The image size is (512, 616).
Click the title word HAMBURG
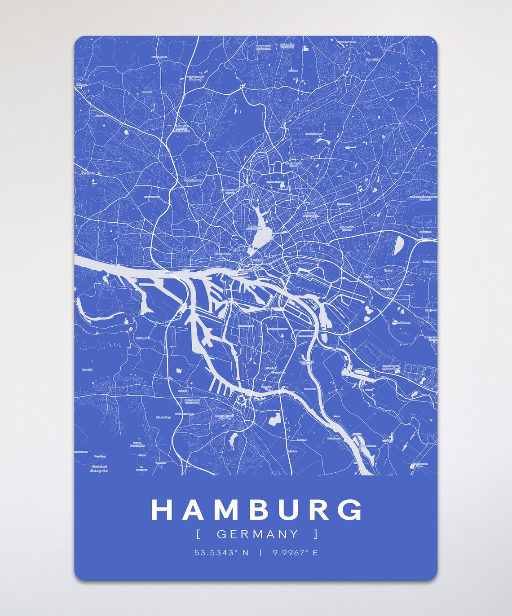coord(256,510)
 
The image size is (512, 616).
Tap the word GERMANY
coord(257,534)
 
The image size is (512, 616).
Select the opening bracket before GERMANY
coord(199,534)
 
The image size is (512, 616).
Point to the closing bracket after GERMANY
coord(316,534)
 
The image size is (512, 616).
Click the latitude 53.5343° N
coord(221,553)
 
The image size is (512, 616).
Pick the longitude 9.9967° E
coord(295,553)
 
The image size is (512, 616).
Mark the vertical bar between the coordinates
coord(260,553)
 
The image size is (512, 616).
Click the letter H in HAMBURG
coord(162,510)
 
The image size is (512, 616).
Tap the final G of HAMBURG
coord(351,510)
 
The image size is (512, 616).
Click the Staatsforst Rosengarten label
coord(99,469)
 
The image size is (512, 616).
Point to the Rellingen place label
coord(81,84)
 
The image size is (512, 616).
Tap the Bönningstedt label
coord(159,57)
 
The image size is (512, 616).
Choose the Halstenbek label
coord(102,115)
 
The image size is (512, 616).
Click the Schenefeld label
coord(88,172)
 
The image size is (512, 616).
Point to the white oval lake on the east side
coord(398,246)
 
